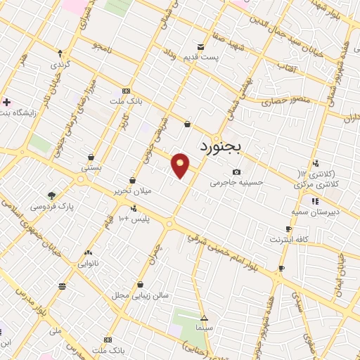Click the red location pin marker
pos(181,165)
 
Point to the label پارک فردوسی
pos(51,207)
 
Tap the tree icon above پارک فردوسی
pos(51,196)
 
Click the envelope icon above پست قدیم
pos(202,47)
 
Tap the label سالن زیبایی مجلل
pos(141,295)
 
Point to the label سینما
pos(204,328)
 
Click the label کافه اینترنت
pos(288,240)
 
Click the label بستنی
pos(91,169)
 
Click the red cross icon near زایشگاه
pos(6,103)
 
